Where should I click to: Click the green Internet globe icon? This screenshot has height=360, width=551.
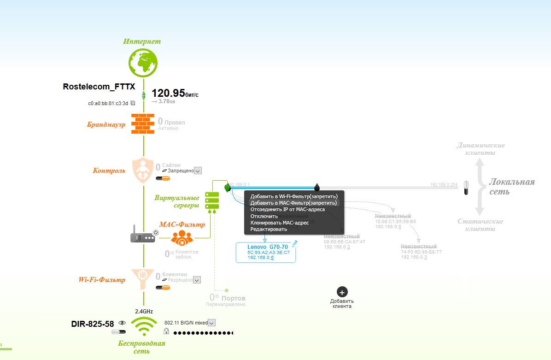coord(143,63)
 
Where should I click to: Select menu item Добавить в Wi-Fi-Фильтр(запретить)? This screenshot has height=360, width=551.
coord(294,196)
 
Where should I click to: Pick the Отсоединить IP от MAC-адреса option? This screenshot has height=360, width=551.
coord(287,209)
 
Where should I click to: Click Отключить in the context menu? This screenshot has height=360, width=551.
coord(264,216)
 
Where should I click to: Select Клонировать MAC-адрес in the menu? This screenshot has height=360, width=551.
coord(279,223)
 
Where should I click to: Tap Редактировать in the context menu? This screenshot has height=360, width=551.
coord(269,229)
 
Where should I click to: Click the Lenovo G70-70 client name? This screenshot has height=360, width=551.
coord(268,247)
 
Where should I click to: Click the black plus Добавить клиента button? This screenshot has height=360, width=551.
coord(342,292)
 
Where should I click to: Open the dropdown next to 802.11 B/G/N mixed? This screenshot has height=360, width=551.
coord(212,323)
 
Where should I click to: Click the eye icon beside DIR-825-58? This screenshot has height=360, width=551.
coord(122,323)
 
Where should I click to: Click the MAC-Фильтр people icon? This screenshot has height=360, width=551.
coord(182,237)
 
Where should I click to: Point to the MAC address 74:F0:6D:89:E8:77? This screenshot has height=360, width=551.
coord(421,252)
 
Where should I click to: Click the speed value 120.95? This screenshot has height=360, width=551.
coord(168,93)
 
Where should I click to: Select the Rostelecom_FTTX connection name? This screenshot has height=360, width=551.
coord(99,86)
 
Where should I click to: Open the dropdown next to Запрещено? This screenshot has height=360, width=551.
coord(198,171)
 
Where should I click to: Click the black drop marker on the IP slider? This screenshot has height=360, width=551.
coord(317,187)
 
